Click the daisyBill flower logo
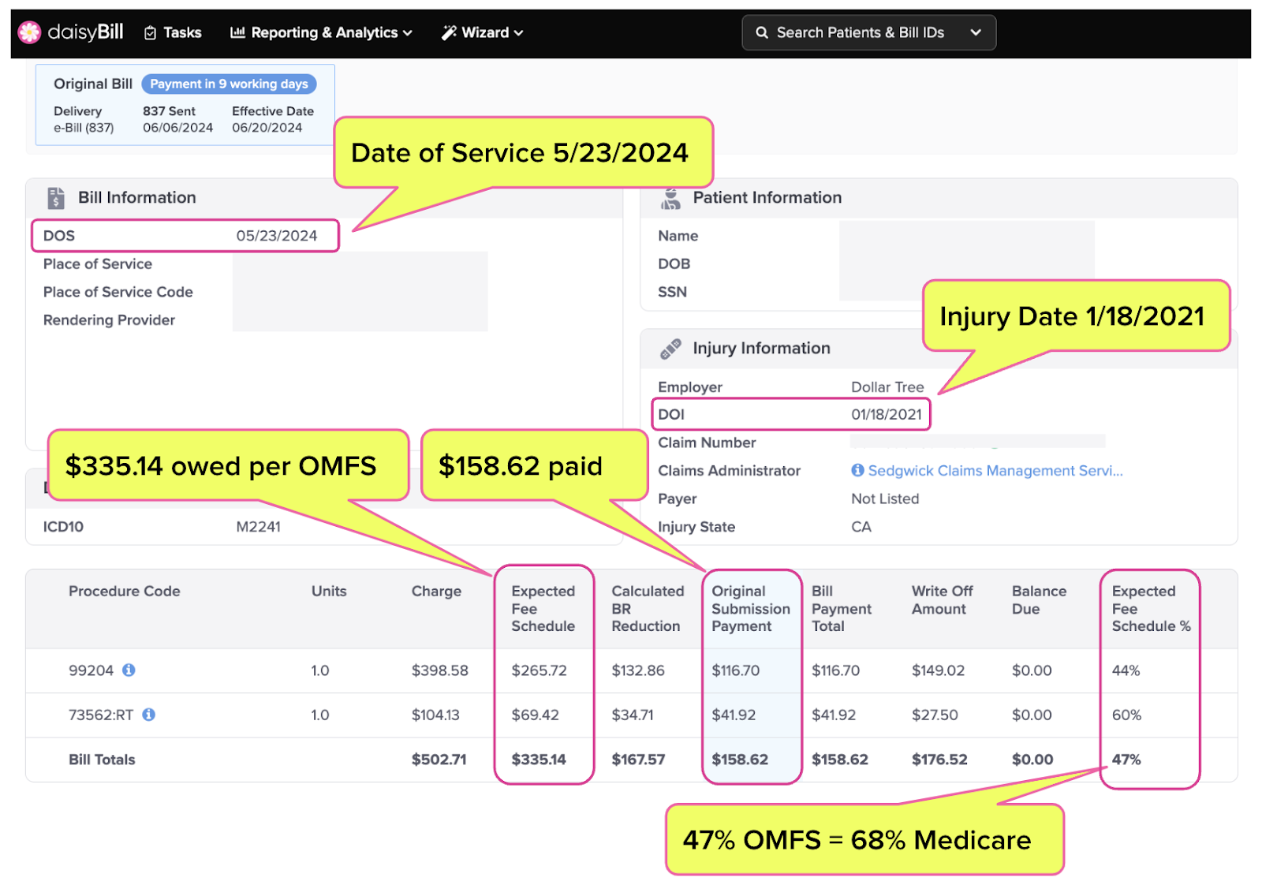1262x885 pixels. pyautogui.click(x=29, y=32)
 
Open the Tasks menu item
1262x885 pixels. pyautogui.click(x=173, y=32)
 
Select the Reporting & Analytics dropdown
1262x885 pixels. pyautogui.click(x=321, y=32)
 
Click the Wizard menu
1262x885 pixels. pyautogui.click(x=482, y=32)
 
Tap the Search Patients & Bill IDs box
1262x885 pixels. pyautogui.click(x=868, y=32)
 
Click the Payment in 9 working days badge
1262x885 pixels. pyautogui.click(x=229, y=84)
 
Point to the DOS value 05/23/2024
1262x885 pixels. pyautogui.click(x=277, y=236)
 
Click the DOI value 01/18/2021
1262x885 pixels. pyautogui.click(x=887, y=415)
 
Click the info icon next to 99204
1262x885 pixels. pyautogui.click(x=129, y=670)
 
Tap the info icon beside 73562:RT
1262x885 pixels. pyautogui.click(x=149, y=715)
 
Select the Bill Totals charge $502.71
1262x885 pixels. pyautogui.click(x=439, y=760)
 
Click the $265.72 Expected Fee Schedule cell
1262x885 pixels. pyautogui.click(x=539, y=670)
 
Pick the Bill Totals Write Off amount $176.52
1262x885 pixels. pyautogui.click(x=939, y=760)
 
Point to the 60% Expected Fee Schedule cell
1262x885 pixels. pyautogui.click(x=1126, y=715)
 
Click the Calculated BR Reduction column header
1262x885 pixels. pyautogui.click(x=648, y=608)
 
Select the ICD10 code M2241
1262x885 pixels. pyautogui.click(x=258, y=527)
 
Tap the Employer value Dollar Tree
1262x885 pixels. pyautogui.click(x=887, y=387)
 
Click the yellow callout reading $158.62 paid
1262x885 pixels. pyautogui.click(x=534, y=465)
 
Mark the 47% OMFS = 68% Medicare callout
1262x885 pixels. pyautogui.click(x=864, y=839)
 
